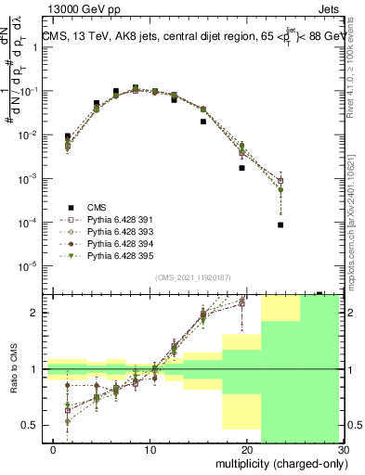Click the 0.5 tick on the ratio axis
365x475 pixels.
coord(30,425)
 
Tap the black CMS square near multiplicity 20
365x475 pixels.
coord(241,168)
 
